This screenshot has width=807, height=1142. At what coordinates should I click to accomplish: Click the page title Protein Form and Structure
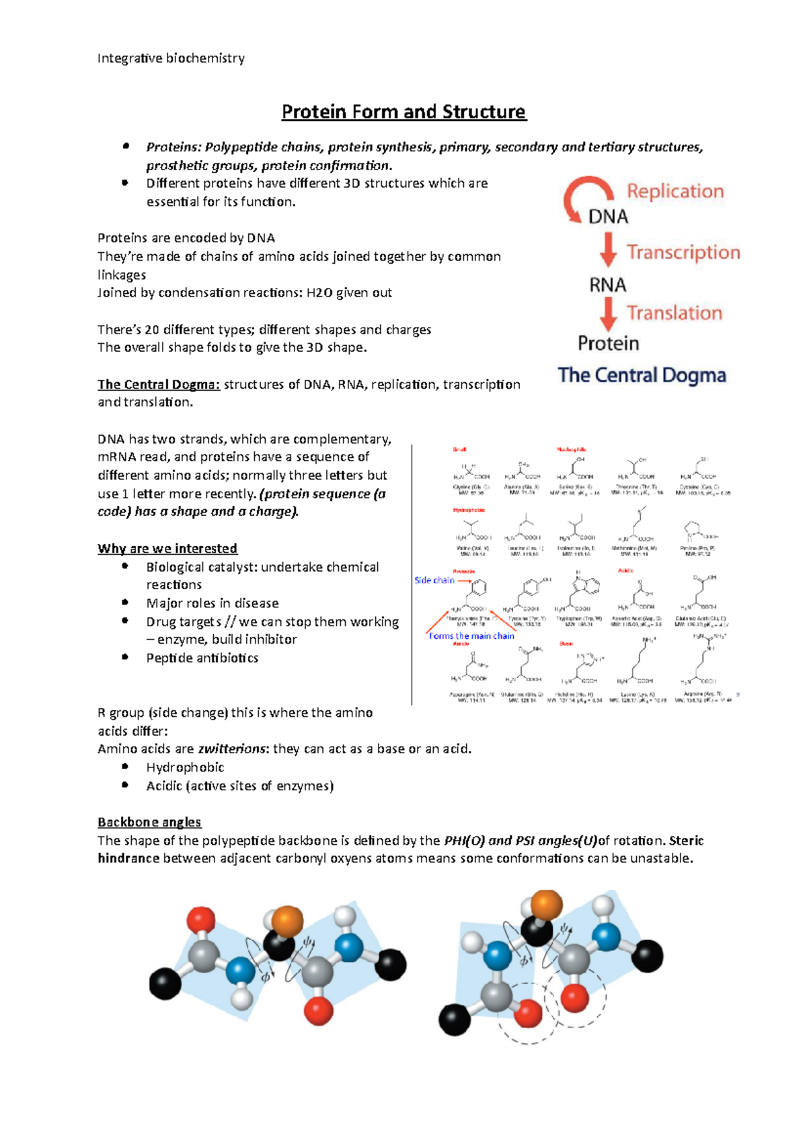403,112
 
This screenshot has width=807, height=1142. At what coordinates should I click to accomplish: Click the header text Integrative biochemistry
171,59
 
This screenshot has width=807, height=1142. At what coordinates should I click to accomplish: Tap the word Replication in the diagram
675,192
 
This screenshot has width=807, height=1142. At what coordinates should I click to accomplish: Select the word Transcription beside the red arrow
683,252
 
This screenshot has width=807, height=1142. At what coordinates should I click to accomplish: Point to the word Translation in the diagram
675,313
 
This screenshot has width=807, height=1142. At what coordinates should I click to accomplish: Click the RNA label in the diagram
608,285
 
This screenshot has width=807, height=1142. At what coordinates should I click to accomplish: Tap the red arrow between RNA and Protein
609,313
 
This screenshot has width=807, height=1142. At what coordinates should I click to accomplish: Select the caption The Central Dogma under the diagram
642,375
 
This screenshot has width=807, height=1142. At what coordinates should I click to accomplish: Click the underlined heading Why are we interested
167,549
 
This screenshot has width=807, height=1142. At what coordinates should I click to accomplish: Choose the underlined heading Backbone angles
149,822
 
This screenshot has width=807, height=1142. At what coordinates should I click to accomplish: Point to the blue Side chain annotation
434,580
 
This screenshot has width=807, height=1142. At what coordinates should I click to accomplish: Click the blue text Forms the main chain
471,636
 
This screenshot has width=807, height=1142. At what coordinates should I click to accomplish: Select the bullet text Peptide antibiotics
202,658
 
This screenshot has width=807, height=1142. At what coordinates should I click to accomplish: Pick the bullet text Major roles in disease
213,603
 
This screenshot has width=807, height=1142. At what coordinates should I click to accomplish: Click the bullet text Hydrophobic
185,767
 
